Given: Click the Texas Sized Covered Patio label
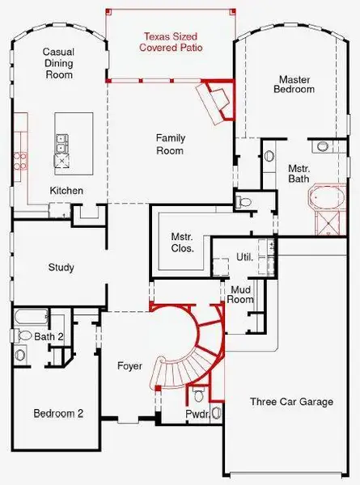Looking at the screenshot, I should (171, 42).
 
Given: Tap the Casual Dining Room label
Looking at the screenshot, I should (57, 63).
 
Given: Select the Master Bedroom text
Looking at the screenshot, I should (295, 84).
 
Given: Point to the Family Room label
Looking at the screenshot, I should (171, 144).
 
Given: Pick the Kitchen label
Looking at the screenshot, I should (66, 190).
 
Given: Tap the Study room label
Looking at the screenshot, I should (61, 268).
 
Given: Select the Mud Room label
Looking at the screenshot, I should (243, 294).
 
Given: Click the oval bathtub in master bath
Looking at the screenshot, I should (324, 197).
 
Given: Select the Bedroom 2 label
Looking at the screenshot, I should (58, 413).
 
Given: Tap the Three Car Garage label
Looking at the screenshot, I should (290, 402).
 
